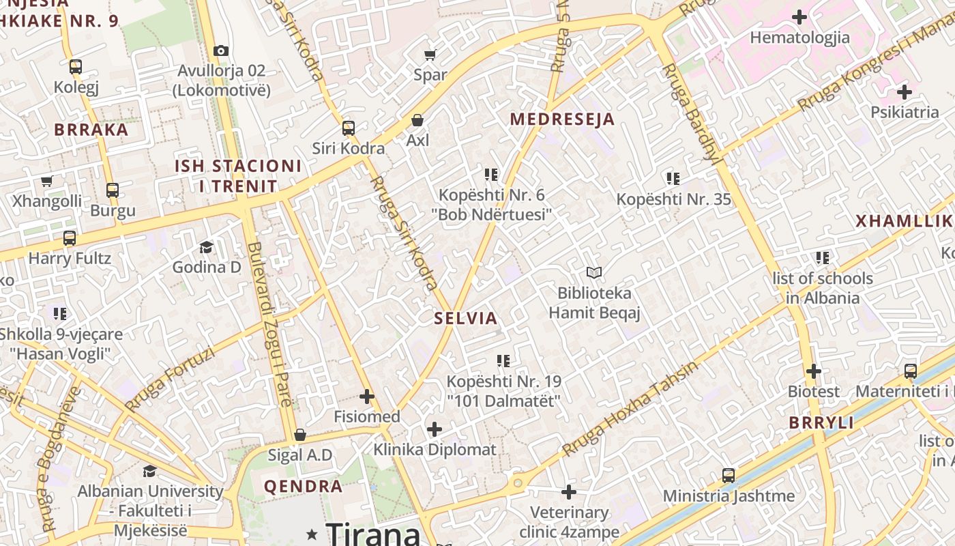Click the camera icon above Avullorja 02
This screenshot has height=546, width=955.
(220, 51)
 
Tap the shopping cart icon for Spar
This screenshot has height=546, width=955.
(430, 55)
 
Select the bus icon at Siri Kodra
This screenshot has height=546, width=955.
(349, 128)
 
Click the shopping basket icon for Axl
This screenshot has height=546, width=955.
(417, 121)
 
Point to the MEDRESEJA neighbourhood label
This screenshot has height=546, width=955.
(562, 119)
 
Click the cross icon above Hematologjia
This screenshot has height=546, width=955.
(799, 17)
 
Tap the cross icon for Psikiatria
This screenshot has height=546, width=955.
(905, 91)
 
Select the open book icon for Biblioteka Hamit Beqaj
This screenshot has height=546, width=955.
(594, 273)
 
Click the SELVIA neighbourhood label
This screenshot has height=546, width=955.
(466, 318)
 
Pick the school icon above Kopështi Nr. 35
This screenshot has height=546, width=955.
(673, 179)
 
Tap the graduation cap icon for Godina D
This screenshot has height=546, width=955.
(206, 247)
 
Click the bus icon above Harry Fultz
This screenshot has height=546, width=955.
(70, 238)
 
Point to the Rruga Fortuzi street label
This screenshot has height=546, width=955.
(170, 379)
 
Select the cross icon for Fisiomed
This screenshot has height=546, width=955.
(367, 397)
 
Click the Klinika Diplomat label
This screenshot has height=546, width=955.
(435, 450)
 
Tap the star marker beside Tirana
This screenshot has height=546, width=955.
(312, 533)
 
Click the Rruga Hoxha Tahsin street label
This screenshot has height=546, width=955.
(630, 408)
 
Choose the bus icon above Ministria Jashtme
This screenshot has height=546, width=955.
(729, 476)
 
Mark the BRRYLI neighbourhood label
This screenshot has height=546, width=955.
(821, 422)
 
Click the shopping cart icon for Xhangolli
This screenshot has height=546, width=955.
(46, 182)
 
